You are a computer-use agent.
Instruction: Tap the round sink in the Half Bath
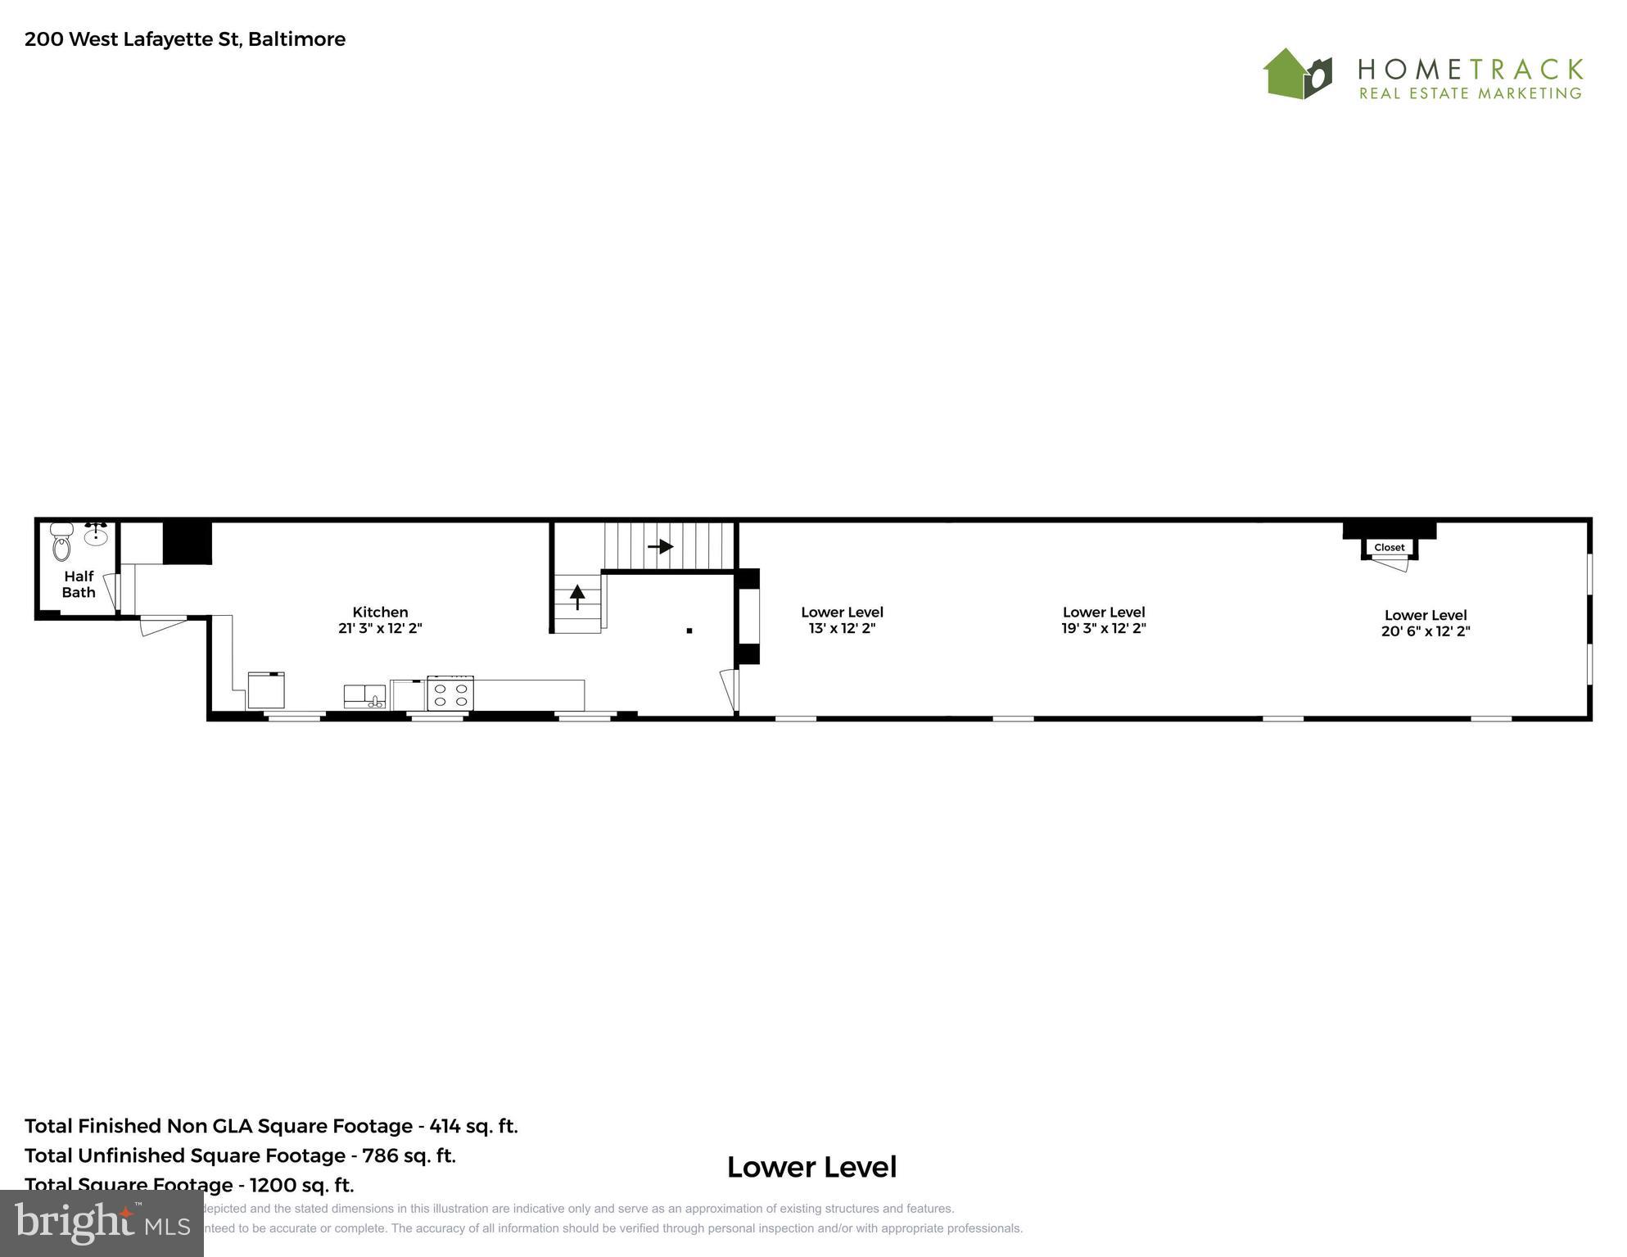[x=97, y=536]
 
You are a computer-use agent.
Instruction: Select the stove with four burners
[x=450, y=694]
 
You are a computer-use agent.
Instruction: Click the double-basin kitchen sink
[x=364, y=696]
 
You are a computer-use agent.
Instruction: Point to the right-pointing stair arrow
[x=660, y=546]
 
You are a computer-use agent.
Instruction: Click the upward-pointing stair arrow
[x=577, y=595]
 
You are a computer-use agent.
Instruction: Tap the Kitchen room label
[x=380, y=612]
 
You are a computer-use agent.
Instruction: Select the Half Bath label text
[x=79, y=585]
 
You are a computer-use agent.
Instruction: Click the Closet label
[x=1389, y=548]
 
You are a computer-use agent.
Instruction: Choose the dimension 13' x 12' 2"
[x=842, y=629]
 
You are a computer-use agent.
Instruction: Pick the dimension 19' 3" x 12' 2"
[x=1103, y=629]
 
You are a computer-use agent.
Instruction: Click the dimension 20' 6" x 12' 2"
[x=1426, y=631]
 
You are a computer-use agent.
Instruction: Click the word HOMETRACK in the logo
[x=1470, y=68]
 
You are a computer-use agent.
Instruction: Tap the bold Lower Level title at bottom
[x=811, y=1167]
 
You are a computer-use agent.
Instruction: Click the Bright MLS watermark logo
[x=102, y=1223]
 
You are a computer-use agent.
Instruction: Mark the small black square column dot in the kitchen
[x=689, y=631]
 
